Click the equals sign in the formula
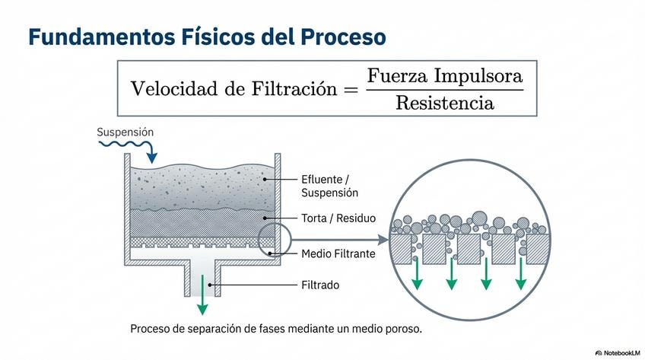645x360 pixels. pyautogui.click(x=349, y=89)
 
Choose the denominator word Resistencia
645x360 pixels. pyautogui.click(x=445, y=102)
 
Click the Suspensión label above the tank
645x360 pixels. pyautogui.click(x=126, y=132)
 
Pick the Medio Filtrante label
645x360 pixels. pyautogui.click(x=338, y=253)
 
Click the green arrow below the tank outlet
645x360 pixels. pyautogui.click(x=202, y=299)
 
